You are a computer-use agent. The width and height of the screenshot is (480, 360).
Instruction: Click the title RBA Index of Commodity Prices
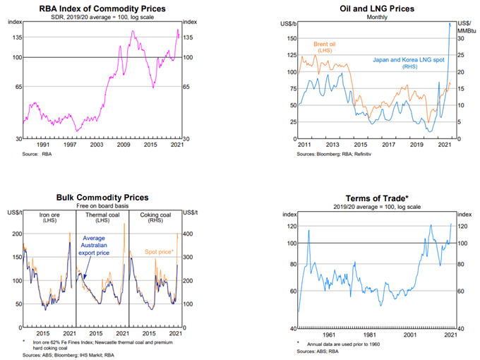click(103, 8)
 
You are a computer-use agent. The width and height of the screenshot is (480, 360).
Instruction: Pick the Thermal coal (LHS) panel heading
click(101, 218)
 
